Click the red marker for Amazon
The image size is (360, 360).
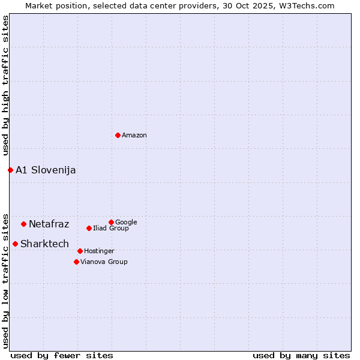(118, 135)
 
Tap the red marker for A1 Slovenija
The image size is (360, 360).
(10, 170)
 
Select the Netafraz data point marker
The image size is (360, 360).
(23, 224)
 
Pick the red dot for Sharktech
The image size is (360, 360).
(15, 244)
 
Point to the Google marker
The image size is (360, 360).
(111, 222)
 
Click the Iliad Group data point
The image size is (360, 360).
(89, 228)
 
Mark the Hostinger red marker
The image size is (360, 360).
(80, 251)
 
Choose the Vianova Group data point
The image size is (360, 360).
(76, 262)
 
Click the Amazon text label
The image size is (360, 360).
(134, 136)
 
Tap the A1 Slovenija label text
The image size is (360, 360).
(46, 170)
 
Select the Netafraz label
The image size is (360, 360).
(49, 224)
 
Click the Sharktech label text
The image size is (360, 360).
(44, 244)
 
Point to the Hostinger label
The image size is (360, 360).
(99, 251)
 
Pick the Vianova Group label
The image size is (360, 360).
(104, 262)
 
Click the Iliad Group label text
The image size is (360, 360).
(111, 229)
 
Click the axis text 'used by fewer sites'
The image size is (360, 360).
(62, 355)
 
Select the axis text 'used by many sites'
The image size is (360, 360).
(301, 355)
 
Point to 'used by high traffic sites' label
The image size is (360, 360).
(5, 86)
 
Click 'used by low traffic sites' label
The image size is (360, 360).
(5, 280)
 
